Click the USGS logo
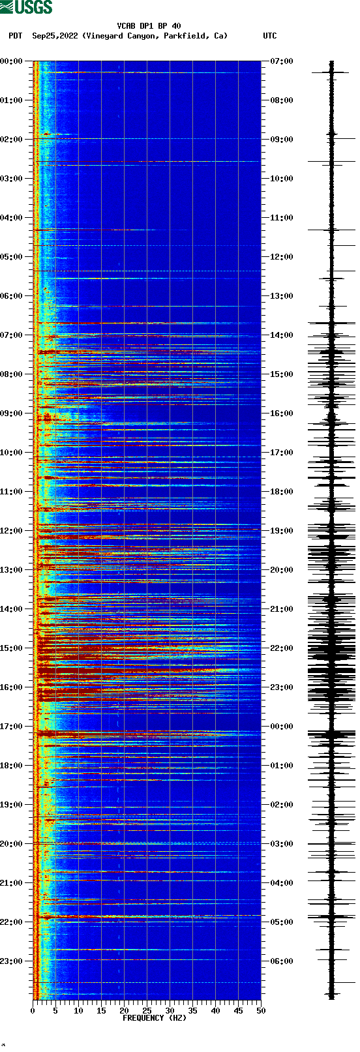point(26,7)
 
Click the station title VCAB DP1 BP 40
point(149,26)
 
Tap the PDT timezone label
point(15,36)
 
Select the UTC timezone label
point(269,36)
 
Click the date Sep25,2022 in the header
point(55,36)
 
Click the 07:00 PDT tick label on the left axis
point(12,335)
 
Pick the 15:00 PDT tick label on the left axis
point(12,648)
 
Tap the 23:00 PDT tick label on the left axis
point(12,961)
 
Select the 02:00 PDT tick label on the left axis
point(12,140)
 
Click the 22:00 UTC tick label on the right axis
point(281,648)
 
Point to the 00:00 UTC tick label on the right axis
point(281,727)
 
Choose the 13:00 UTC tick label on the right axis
point(281,296)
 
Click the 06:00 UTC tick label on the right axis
point(281,961)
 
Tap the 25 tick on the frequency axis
point(147,1011)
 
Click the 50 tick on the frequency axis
point(261,1011)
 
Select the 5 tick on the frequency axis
point(55,1011)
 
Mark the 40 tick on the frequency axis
point(215,1011)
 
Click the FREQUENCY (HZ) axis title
point(155,1018)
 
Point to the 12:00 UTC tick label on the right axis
point(281,257)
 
